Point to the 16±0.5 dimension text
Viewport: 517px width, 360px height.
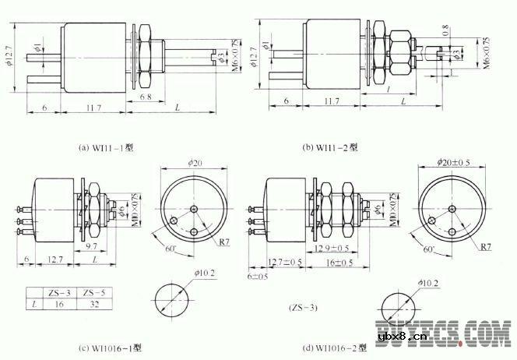(x=341, y=263)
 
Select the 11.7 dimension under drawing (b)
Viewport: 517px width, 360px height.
(x=330, y=101)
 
